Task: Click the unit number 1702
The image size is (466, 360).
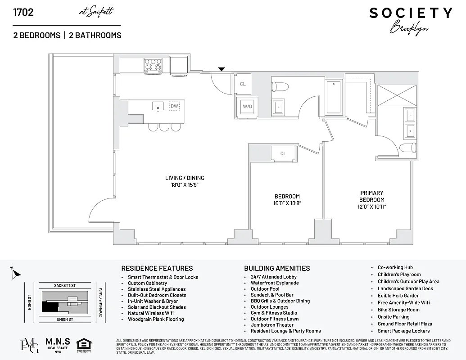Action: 23,12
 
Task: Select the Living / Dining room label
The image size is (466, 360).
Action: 185,181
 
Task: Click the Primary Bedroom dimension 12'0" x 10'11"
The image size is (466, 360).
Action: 372,207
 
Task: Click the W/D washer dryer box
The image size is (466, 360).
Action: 247,107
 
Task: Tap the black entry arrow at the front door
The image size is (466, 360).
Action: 221,69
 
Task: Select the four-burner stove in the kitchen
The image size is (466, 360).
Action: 153,66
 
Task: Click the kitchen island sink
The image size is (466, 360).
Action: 158,106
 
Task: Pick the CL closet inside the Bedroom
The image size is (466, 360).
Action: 283,153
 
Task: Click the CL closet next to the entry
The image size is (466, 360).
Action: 243,84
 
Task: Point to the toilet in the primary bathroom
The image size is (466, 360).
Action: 408,148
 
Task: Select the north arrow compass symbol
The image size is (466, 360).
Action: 15,273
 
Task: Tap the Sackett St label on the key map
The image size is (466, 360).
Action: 64,285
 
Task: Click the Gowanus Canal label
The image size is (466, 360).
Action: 101,302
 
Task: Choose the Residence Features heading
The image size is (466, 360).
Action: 157,268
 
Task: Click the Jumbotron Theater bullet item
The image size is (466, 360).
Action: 272,325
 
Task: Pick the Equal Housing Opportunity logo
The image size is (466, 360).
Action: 84,345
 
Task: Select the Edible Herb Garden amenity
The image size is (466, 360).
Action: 398,296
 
